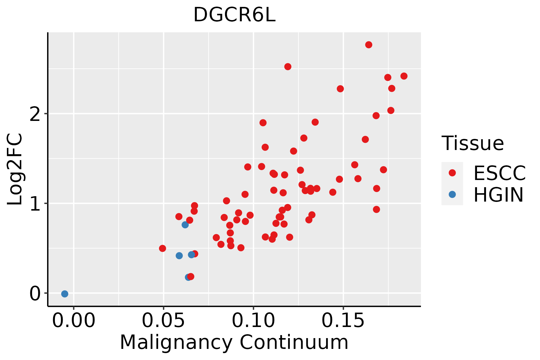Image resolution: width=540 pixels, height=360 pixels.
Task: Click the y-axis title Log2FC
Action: point(15,169)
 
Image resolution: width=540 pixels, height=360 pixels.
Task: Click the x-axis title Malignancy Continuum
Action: point(234,342)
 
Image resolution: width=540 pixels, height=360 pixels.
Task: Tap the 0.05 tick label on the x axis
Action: point(163,321)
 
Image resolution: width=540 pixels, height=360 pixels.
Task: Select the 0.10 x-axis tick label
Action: point(253,321)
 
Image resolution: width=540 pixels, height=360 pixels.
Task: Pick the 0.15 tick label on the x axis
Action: point(343,321)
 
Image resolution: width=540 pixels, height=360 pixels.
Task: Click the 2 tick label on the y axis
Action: point(35,114)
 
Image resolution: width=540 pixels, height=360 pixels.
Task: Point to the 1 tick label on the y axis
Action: point(35,203)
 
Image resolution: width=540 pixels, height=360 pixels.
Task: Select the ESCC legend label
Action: point(499,173)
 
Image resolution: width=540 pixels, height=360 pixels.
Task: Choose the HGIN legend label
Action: point(498,195)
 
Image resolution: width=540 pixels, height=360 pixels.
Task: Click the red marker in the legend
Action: point(452,173)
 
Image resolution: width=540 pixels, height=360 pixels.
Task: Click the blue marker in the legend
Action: point(452,194)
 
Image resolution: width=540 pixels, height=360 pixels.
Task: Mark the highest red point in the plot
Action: point(369,45)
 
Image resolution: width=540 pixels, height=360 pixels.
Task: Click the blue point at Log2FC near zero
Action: point(64,294)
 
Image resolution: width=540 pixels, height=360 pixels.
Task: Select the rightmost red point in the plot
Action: point(404,76)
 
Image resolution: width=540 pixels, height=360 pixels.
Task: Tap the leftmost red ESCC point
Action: point(162,248)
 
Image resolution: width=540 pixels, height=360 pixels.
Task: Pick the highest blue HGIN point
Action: point(185,225)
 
